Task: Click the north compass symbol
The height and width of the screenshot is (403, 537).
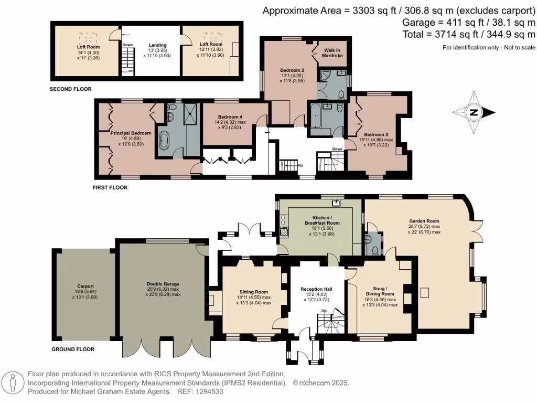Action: (474, 112)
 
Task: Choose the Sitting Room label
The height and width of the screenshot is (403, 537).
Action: (254, 292)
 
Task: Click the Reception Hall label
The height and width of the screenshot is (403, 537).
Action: (316, 289)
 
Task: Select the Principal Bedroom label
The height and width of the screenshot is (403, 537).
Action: (131, 133)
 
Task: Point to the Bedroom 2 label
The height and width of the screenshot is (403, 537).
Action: (292, 70)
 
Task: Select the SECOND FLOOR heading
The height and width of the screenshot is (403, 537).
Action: (70, 89)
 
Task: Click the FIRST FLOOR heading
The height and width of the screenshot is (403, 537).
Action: (110, 187)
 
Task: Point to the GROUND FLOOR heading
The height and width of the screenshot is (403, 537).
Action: (73, 349)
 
